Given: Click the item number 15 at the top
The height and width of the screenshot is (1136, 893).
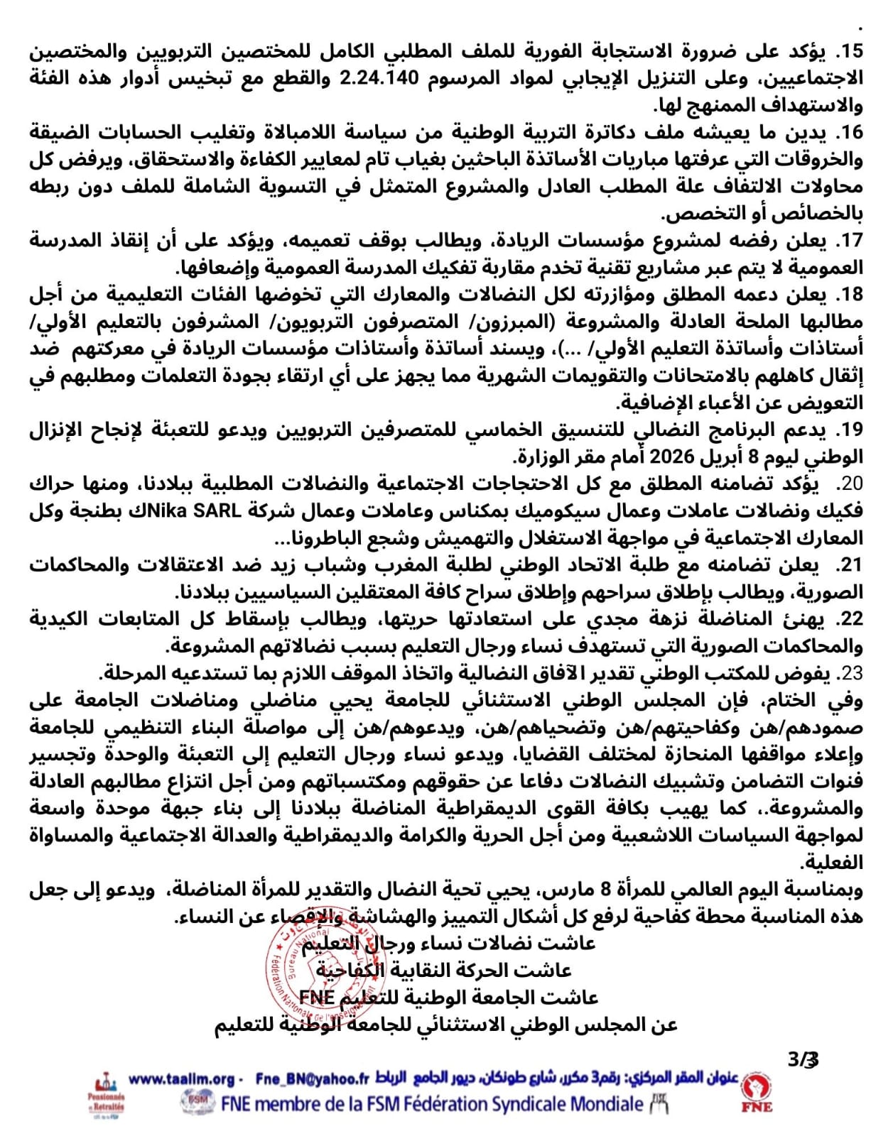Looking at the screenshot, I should pyautogui.click(x=850, y=52).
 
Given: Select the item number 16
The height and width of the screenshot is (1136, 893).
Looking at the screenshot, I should pyautogui.click(x=850, y=133).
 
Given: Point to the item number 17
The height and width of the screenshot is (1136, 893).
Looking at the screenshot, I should pyautogui.click(x=850, y=241).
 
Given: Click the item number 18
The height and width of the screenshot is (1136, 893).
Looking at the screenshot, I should pyautogui.click(x=850, y=295).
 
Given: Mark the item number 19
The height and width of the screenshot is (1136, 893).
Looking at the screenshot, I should pyautogui.click(x=850, y=430).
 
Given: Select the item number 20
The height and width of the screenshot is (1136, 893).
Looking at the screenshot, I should pyautogui.click(x=850, y=484).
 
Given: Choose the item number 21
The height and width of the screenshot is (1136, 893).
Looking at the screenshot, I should pyautogui.click(x=850, y=564).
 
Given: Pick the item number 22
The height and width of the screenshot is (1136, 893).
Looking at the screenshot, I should pyautogui.click(x=850, y=619).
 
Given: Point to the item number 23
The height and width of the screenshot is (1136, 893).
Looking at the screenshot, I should pyautogui.click(x=850, y=673).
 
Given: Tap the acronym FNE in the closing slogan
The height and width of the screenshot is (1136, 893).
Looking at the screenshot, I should pyautogui.click(x=316, y=998).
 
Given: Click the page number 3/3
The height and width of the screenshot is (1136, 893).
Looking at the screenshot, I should pyautogui.click(x=803, y=1060).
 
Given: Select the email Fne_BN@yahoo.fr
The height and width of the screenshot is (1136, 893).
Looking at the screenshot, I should pyautogui.click(x=313, y=1079).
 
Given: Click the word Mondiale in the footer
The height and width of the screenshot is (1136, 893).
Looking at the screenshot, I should pyautogui.click(x=597, y=1104).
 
